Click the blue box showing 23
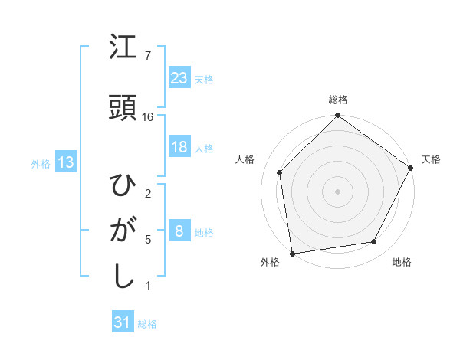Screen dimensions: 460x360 click(179, 77)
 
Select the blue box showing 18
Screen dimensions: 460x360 click(179, 147)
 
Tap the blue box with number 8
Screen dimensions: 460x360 click(179, 231)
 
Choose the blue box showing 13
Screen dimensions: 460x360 click(65, 162)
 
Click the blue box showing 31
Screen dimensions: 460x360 click(123, 322)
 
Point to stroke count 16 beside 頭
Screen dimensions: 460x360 click(148, 117)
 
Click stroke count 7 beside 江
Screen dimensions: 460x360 click(148, 56)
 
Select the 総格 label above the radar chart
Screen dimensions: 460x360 click(337, 100)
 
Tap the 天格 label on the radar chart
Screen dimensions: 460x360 click(431, 159)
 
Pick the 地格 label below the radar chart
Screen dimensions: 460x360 click(402, 263)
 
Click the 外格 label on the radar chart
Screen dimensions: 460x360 click(270, 263)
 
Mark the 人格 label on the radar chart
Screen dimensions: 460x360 click(245, 159)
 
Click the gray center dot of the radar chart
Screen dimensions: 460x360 click(337, 191)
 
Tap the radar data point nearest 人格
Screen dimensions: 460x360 click(280, 172)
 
